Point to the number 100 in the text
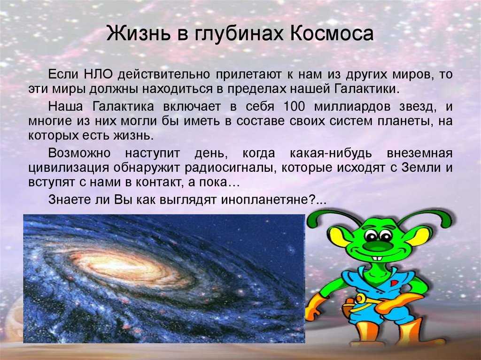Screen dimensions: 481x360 pyautogui.click(x=294, y=107)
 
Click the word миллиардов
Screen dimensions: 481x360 pyautogui.click(x=352, y=107)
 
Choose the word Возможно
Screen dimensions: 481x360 pyautogui.click(x=79, y=153)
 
